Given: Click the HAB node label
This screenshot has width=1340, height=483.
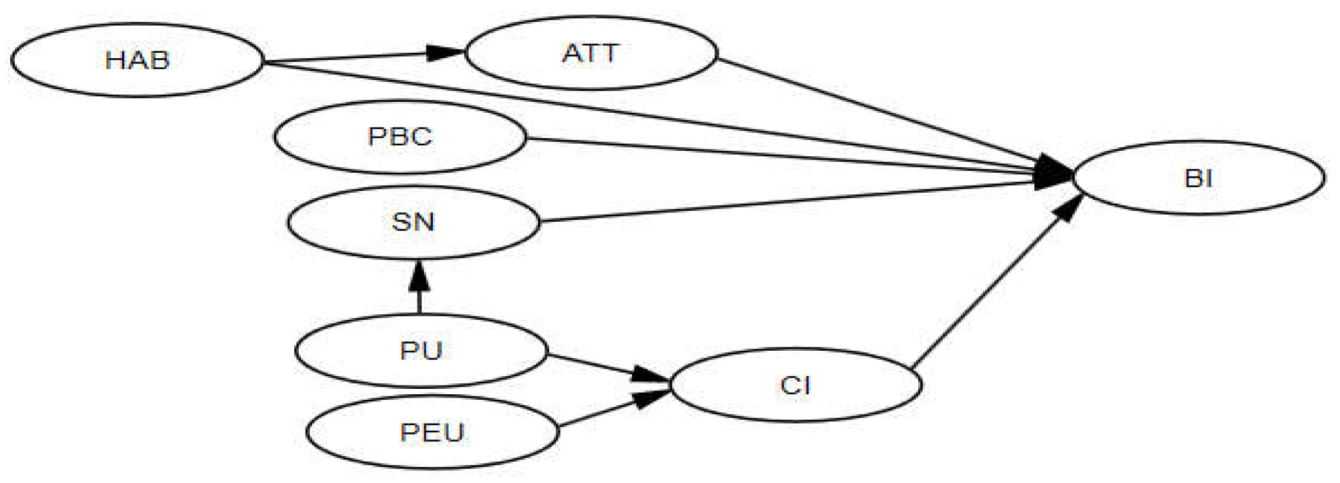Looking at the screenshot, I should (x=137, y=60).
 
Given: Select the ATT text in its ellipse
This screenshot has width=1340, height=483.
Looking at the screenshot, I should (x=591, y=53).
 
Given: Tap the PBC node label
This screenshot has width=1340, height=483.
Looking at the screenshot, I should (x=400, y=137).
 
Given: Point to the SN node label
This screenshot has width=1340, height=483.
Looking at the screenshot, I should (x=413, y=222).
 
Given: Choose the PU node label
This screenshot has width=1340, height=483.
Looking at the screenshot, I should (x=421, y=351).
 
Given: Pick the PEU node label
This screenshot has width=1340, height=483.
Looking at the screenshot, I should (x=432, y=433).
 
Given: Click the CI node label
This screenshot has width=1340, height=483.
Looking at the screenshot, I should (x=796, y=386).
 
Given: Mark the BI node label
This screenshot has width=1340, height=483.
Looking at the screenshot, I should (x=1198, y=179).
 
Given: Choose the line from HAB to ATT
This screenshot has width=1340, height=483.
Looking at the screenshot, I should (x=349, y=57).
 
